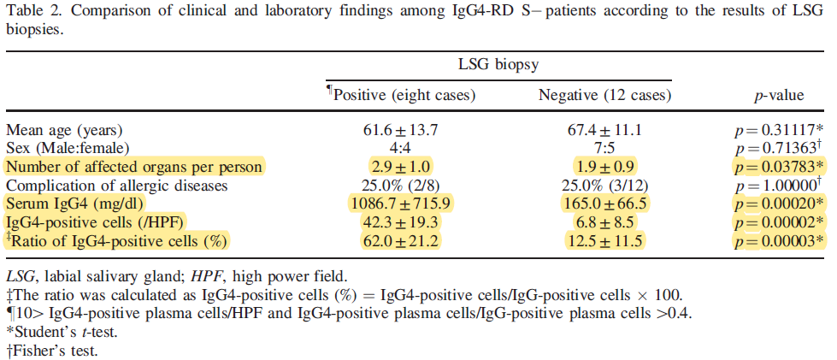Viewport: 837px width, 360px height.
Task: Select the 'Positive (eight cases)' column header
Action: point(401,95)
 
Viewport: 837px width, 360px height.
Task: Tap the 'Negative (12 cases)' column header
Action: point(604,95)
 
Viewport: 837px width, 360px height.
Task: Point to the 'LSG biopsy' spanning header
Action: point(498,65)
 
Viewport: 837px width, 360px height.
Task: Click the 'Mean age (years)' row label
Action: point(64,130)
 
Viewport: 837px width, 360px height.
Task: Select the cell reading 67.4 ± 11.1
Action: point(604,130)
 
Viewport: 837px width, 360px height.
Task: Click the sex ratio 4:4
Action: point(401,149)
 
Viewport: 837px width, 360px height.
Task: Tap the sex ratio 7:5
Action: point(604,149)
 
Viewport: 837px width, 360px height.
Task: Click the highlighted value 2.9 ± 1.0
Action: point(401,168)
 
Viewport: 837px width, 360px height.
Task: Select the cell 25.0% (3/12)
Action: point(604,186)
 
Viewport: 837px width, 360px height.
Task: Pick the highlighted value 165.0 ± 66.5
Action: point(604,204)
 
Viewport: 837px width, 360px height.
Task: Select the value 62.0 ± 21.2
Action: point(401,241)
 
